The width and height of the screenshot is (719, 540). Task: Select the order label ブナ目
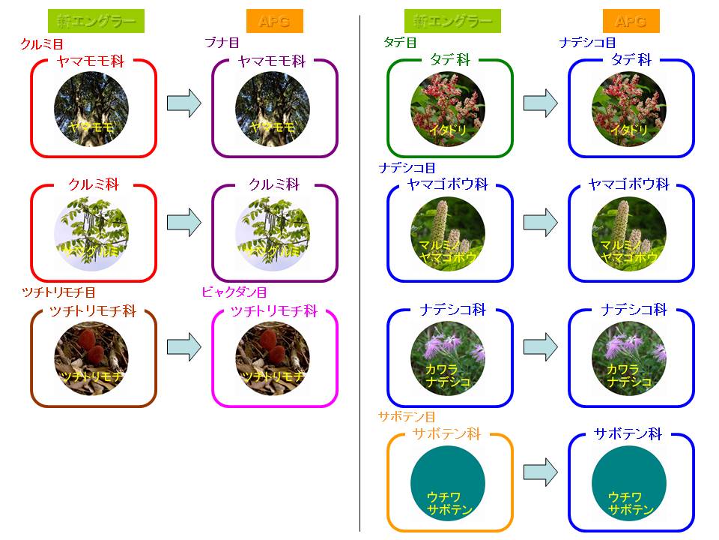click(222, 43)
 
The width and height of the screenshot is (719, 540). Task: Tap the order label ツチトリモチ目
click(60, 292)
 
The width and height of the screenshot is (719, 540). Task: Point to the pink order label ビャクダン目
click(234, 292)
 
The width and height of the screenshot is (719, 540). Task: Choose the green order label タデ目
click(399, 43)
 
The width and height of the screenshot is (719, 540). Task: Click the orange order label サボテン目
click(407, 416)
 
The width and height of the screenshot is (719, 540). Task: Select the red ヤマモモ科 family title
click(91, 61)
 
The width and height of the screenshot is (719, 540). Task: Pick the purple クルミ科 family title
click(274, 184)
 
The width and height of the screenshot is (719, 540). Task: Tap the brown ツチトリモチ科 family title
click(93, 311)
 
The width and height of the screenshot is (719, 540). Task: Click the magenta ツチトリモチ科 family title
click(274, 311)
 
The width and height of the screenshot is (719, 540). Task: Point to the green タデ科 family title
click(450, 60)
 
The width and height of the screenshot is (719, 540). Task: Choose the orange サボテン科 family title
click(447, 434)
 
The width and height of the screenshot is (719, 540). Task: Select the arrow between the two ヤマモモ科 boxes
click(184, 102)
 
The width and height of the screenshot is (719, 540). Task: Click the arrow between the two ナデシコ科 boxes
click(541, 346)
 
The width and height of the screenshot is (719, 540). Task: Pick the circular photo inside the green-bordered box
click(448, 110)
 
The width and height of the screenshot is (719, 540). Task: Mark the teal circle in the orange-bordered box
click(449, 483)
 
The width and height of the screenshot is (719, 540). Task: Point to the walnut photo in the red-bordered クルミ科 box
click(91, 232)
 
